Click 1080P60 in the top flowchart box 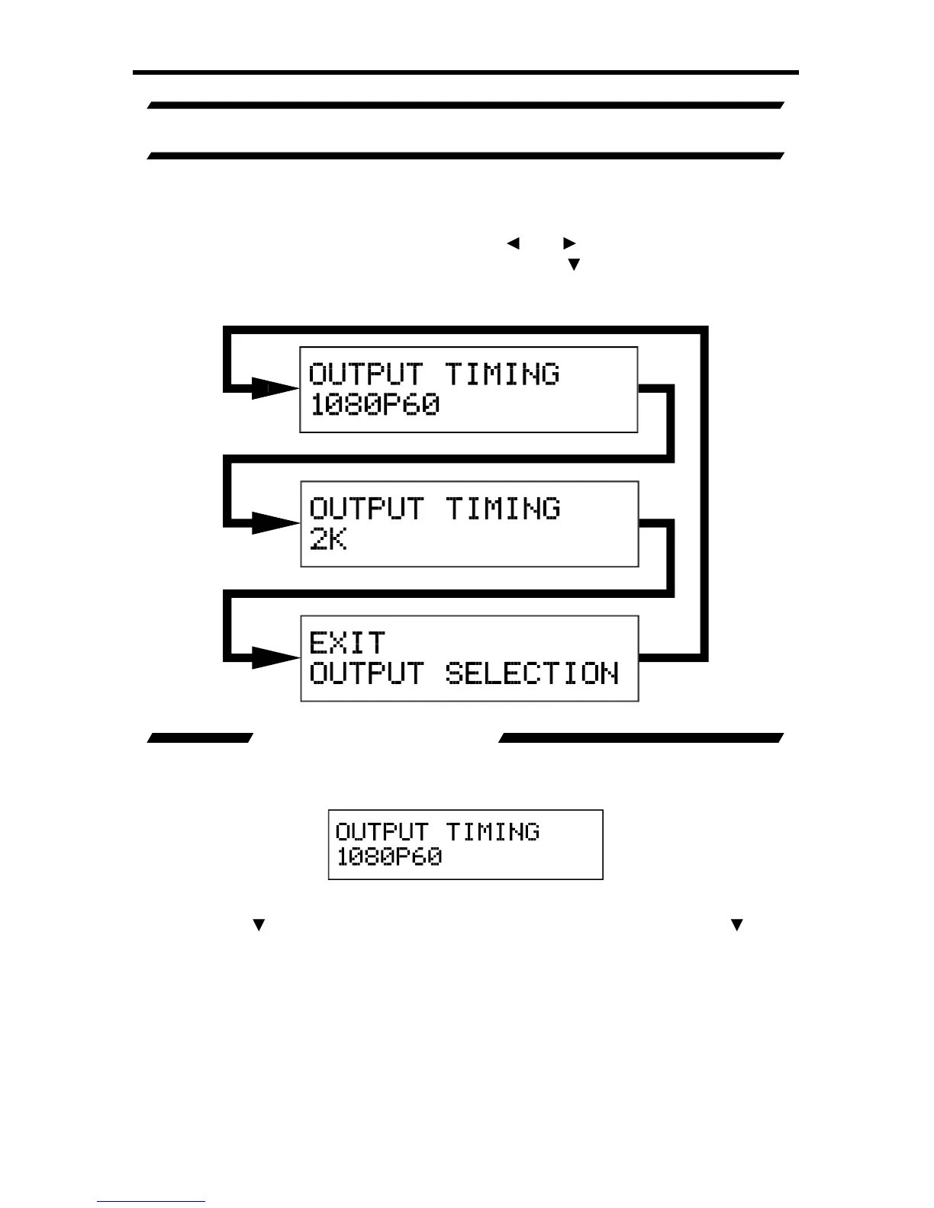[375, 404]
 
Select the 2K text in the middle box [328, 539]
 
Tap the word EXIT [347, 643]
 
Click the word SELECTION [532, 673]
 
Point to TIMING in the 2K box [503, 509]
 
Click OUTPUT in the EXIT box [366, 673]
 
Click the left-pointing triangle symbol [513, 243]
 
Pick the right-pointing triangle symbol [569, 243]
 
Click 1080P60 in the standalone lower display [389, 856]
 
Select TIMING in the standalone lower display [493, 831]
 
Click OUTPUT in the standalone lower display [382, 831]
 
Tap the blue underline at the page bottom [151, 1202]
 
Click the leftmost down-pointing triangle [259, 926]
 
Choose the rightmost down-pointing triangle [736, 926]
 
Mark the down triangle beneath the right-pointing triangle [574, 265]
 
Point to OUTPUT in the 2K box [366, 509]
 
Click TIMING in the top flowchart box [502, 374]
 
